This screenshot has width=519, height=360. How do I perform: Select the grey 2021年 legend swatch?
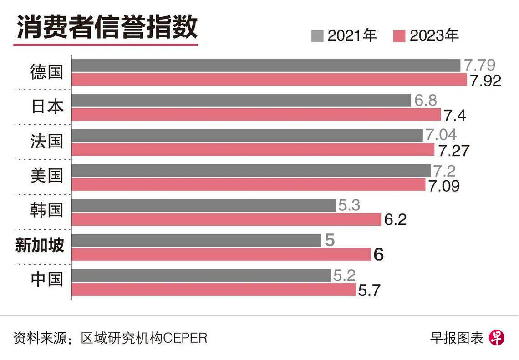(x=317, y=36)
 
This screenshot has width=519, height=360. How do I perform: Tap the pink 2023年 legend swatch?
(x=399, y=36)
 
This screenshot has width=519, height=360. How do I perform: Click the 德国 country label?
(x=46, y=72)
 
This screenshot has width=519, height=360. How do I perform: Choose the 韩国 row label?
(x=46, y=210)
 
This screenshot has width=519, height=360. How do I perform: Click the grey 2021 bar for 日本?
(x=241, y=101)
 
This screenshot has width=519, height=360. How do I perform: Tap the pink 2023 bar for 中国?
(x=214, y=289)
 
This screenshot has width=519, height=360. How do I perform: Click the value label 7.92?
(x=486, y=81)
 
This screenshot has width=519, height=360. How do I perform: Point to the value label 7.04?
(x=441, y=135)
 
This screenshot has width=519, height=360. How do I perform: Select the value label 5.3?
(x=349, y=205)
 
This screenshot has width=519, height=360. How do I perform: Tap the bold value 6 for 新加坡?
(x=379, y=255)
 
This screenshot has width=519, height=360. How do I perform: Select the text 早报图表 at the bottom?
(x=456, y=338)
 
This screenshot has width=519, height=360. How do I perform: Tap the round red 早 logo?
(x=497, y=338)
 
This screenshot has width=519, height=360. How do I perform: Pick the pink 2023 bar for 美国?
(x=249, y=185)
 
